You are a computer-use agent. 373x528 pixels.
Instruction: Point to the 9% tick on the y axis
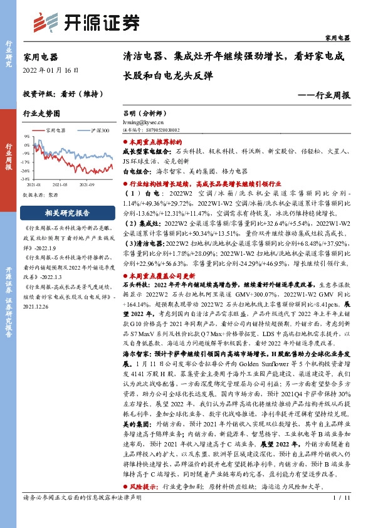tap(27, 136)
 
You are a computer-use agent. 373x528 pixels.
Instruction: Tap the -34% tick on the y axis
tap(26, 179)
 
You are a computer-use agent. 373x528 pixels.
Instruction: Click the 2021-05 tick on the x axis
tap(60, 184)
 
